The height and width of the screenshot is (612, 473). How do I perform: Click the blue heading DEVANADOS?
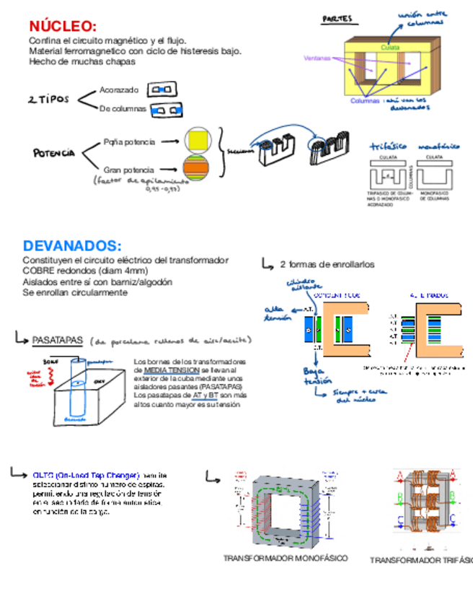[72, 246]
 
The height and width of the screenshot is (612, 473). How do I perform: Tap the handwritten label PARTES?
[337, 19]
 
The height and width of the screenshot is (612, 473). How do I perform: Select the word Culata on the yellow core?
[390, 47]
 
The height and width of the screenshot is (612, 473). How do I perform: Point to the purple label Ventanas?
[317, 58]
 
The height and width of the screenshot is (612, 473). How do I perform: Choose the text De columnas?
[123, 109]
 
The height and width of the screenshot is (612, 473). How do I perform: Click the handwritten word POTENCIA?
[53, 153]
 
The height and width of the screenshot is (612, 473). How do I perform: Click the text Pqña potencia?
[129, 141]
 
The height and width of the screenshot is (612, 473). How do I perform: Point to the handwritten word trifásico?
[389, 146]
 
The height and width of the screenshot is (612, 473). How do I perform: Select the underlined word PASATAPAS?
[58, 340]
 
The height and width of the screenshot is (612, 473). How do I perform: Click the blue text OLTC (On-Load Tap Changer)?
[86, 476]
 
